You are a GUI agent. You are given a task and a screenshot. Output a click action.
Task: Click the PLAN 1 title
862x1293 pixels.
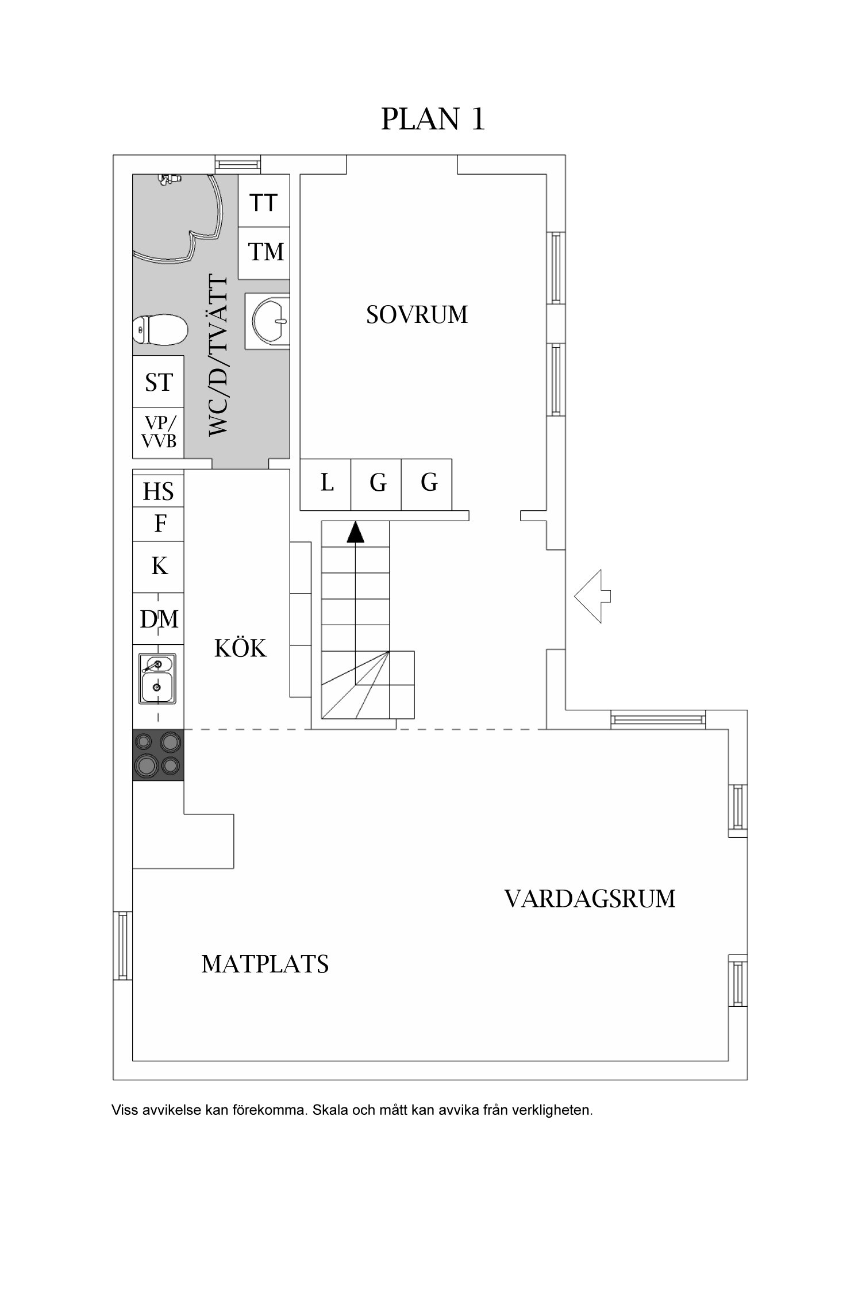pyautogui.click(x=433, y=119)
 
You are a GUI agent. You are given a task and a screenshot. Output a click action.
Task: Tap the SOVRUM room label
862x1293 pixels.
pyautogui.click(x=417, y=315)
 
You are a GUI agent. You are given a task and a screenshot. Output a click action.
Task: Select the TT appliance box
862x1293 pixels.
pyautogui.click(x=263, y=202)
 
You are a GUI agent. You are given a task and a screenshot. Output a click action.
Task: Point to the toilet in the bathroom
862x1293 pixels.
pyautogui.click(x=161, y=330)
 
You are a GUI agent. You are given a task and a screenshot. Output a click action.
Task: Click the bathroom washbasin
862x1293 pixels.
pyautogui.click(x=268, y=320)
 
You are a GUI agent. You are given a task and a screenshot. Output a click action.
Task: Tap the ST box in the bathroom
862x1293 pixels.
pyautogui.click(x=158, y=382)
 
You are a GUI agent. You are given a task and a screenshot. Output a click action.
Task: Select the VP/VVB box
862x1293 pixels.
pyautogui.click(x=158, y=432)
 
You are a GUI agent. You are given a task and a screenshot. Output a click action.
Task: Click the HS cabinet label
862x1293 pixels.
pyautogui.click(x=158, y=492)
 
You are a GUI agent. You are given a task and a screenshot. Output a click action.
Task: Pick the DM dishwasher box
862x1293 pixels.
pyautogui.click(x=159, y=619)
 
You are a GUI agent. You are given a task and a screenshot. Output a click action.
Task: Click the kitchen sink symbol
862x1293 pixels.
pyautogui.click(x=157, y=679)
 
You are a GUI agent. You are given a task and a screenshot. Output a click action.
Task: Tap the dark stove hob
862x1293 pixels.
pyautogui.click(x=158, y=755)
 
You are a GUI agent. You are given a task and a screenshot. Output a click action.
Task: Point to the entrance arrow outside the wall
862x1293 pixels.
pyautogui.click(x=592, y=596)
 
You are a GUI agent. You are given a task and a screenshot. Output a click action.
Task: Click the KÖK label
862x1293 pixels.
pyautogui.click(x=240, y=649)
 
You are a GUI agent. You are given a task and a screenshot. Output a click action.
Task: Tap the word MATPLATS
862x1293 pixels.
pyautogui.click(x=265, y=964)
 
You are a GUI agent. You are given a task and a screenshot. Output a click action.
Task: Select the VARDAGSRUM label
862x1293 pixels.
pyautogui.click(x=590, y=898)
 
